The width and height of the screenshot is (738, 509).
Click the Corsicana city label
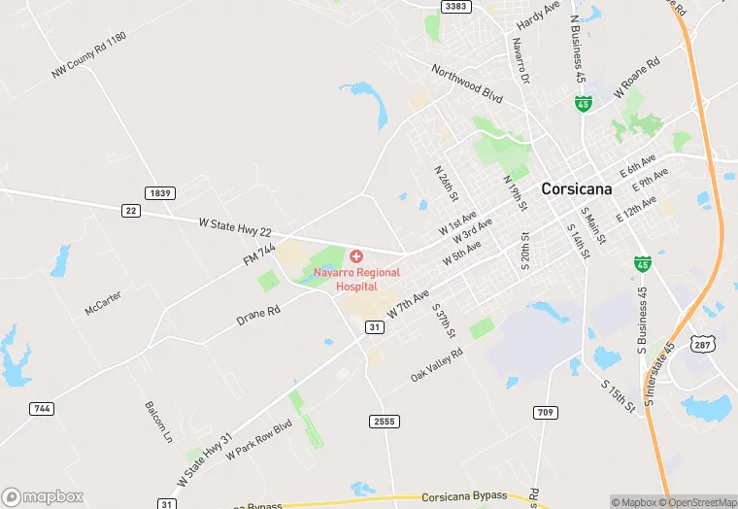click(x=577, y=189)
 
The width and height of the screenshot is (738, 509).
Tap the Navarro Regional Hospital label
click(x=356, y=280)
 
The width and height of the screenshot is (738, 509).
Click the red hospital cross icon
click(x=356, y=256)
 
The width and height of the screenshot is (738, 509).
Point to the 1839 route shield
click(x=160, y=193)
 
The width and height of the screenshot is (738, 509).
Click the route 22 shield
click(x=131, y=210)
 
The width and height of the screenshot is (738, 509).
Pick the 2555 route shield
click(x=385, y=421)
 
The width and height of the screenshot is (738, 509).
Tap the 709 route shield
click(x=546, y=413)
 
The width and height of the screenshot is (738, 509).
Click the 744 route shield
click(x=41, y=409)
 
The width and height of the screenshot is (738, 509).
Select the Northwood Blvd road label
click(x=468, y=84)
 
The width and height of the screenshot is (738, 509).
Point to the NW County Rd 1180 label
click(x=89, y=55)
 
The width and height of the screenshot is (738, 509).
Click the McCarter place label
click(x=103, y=304)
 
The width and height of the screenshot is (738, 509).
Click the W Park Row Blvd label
click(x=259, y=441)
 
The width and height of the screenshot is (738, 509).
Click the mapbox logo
click(x=42, y=496)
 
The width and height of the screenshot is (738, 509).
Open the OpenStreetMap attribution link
click(x=696, y=502)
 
